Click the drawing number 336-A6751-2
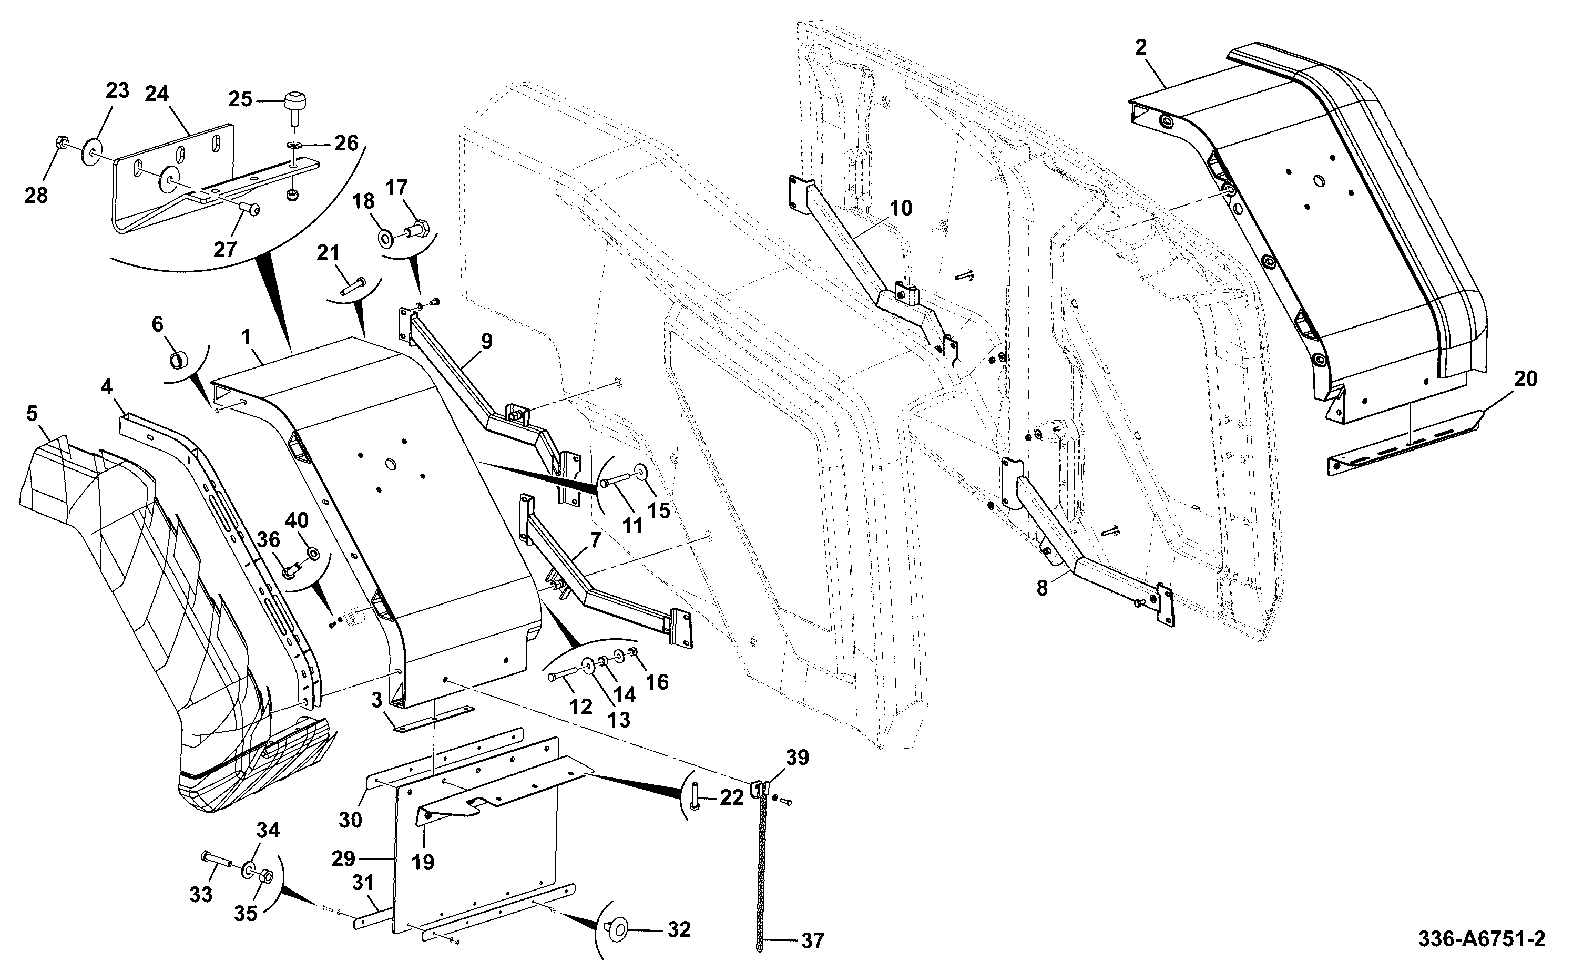(1482, 939)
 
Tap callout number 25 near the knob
(240, 100)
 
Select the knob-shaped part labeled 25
(294, 110)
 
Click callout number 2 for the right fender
(1140, 47)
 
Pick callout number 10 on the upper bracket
(901, 208)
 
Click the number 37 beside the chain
(812, 941)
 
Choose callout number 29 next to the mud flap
(343, 858)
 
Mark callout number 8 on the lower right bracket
(1042, 588)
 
